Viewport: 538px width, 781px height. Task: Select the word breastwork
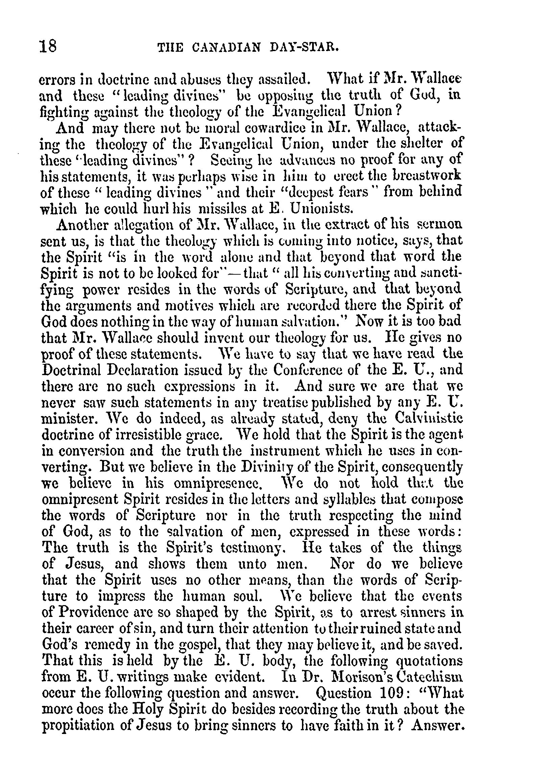pyautogui.click(x=426, y=176)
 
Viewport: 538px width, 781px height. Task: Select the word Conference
pyautogui.click(x=308, y=370)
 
